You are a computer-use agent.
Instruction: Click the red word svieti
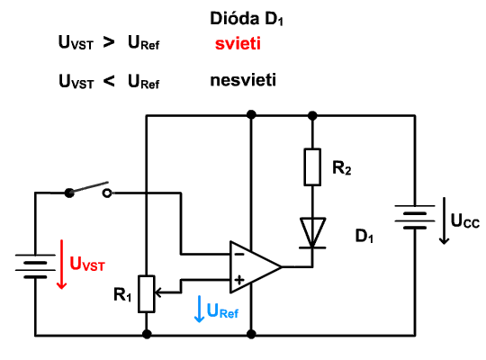click(238, 43)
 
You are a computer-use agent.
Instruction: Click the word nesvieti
click(243, 80)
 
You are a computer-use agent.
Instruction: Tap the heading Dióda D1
click(247, 19)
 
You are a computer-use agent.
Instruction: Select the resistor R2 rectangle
click(312, 167)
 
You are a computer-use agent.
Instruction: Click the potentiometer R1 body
click(147, 293)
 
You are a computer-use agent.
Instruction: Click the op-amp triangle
click(256, 267)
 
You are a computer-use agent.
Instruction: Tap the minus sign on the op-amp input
click(239, 255)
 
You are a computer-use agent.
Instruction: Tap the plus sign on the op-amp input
click(239, 280)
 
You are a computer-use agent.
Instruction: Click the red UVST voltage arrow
click(62, 265)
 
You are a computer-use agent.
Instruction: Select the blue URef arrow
click(199, 309)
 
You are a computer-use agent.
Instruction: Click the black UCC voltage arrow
click(445, 220)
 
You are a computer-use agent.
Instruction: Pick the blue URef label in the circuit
click(222, 310)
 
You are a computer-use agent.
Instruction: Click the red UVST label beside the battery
click(87, 264)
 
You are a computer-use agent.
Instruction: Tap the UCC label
click(465, 220)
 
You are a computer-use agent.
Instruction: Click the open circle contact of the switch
click(107, 193)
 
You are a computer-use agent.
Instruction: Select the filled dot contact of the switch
click(69, 193)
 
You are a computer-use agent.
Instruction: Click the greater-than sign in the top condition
click(109, 42)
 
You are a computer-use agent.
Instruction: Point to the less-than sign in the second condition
click(109, 81)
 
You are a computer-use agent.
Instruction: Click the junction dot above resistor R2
click(312, 116)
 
